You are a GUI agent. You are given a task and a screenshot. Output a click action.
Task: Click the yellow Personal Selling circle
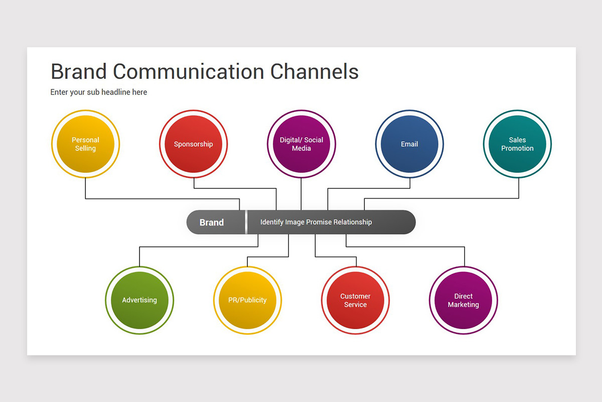point(85,144)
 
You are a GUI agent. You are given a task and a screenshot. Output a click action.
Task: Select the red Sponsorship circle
point(194,144)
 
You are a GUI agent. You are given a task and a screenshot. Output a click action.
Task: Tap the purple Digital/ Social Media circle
point(302,144)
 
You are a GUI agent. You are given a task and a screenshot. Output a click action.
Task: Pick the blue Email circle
point(409,144)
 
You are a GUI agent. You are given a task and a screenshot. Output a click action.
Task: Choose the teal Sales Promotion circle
point(517,144)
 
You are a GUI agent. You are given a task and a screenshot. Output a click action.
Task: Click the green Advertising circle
point(139,300)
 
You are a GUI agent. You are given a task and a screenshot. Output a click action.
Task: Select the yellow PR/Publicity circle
point(247,300)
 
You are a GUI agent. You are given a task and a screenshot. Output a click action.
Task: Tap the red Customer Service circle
point(355,300)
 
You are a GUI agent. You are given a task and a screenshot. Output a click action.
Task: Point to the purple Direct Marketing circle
point(464,300)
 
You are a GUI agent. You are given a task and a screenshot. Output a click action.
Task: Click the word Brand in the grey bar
point(212,223)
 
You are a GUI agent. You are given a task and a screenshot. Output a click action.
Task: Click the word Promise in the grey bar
point(319,222)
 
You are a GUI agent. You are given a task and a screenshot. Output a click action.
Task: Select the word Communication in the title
point(189,72)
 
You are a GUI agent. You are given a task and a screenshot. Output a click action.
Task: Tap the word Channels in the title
point(315,72)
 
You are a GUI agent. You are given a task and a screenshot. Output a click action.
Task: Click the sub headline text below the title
point(99,92)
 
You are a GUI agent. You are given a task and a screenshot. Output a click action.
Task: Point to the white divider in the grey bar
point(246,222)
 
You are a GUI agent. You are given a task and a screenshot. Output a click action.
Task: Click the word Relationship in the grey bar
point(353,222)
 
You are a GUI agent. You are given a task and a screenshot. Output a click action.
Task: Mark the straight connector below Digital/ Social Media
point(301,194)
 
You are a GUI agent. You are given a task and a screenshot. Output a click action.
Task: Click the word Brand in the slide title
point(78,72)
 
